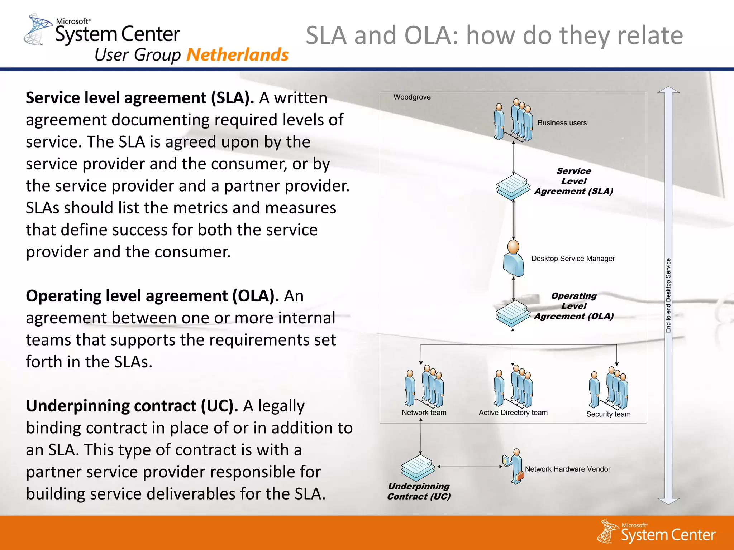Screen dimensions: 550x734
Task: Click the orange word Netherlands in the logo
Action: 237,55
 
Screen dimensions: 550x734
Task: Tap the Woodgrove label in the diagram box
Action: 412,97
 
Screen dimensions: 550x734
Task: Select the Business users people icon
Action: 513,121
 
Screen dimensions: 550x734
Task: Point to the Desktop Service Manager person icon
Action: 514,259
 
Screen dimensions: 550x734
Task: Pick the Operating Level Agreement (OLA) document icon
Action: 513,313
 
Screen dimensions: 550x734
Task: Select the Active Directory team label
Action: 513,412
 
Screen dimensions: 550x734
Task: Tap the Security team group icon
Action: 609,389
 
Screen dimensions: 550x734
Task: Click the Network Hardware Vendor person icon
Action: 515,467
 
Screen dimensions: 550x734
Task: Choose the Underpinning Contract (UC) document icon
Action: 418,468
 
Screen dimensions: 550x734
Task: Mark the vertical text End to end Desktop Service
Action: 668,295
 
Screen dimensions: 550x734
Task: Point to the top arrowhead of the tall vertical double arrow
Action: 668,90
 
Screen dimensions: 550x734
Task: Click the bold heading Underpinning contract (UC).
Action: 132,406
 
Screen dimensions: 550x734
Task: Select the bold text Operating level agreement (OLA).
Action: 152,296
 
